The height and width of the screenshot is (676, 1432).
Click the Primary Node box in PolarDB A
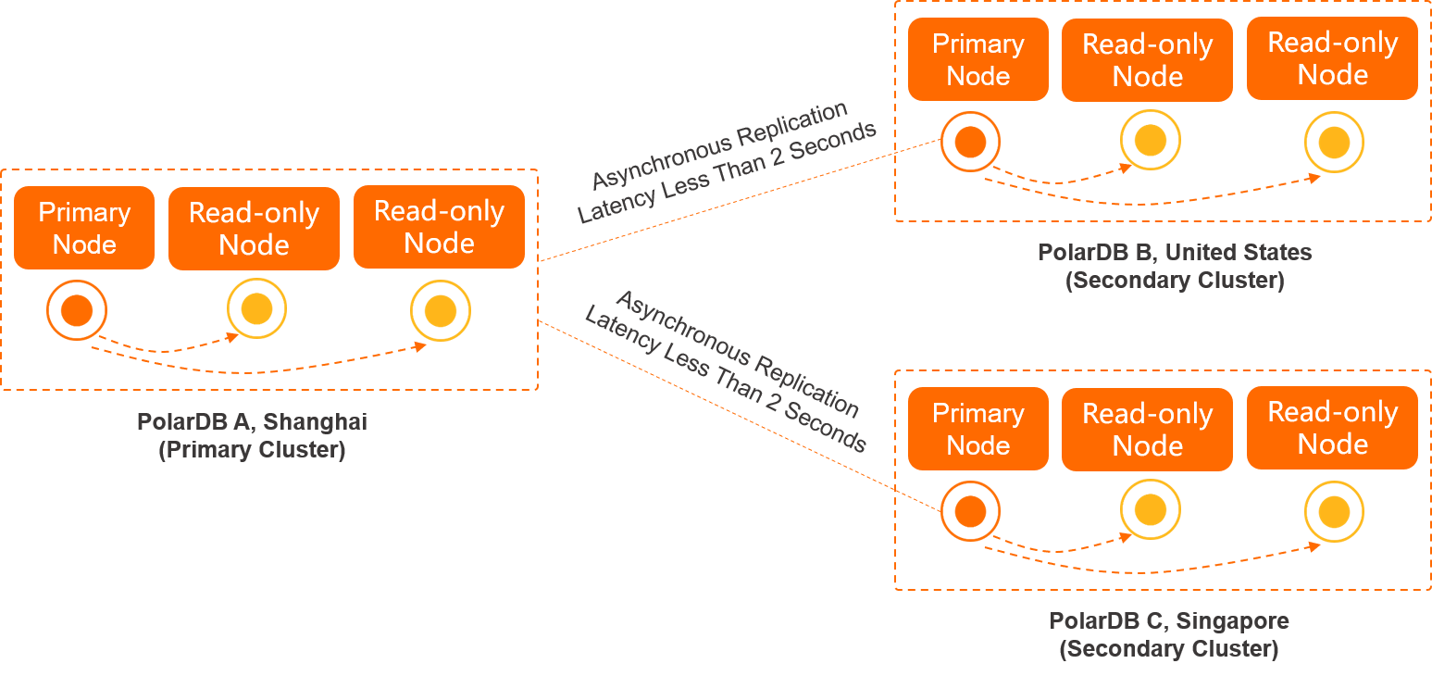[x=84, y=228]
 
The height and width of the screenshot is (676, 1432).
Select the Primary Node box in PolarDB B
[x=977, y=59]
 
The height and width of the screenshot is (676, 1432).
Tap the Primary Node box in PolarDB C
[x=977, y=429]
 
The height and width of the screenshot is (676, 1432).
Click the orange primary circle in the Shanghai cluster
[x=77, y=309]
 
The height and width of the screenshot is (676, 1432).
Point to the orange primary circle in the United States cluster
[x=970, y=142]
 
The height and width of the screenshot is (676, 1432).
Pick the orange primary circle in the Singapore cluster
[x=970, y=511]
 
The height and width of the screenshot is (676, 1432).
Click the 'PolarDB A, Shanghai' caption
[x=252, y=421]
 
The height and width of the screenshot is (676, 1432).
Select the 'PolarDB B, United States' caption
[x=1175, y=252]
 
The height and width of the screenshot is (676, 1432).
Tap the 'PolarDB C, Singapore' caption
[x=1168, y=620]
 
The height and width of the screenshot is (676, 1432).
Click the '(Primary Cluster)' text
[x=252, y=451]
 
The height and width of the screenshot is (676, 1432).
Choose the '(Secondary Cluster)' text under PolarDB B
[x=1175, y=281]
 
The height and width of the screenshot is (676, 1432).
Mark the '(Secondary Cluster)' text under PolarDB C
[x=1168, y=649]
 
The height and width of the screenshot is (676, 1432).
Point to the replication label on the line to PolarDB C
[x=727, y=370]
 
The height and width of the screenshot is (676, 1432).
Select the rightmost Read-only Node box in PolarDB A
[x=439, y=228]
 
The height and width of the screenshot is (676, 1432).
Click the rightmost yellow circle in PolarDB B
[x=1334, y=142]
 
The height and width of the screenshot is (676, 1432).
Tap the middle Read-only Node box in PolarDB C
[x=1147, y=430]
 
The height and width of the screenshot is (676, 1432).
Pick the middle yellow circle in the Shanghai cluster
[x=256, y=308]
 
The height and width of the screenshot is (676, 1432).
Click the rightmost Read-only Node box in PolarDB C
[x=1332, y=428]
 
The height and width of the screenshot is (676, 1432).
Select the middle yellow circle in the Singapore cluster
[x=1150, y=510]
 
